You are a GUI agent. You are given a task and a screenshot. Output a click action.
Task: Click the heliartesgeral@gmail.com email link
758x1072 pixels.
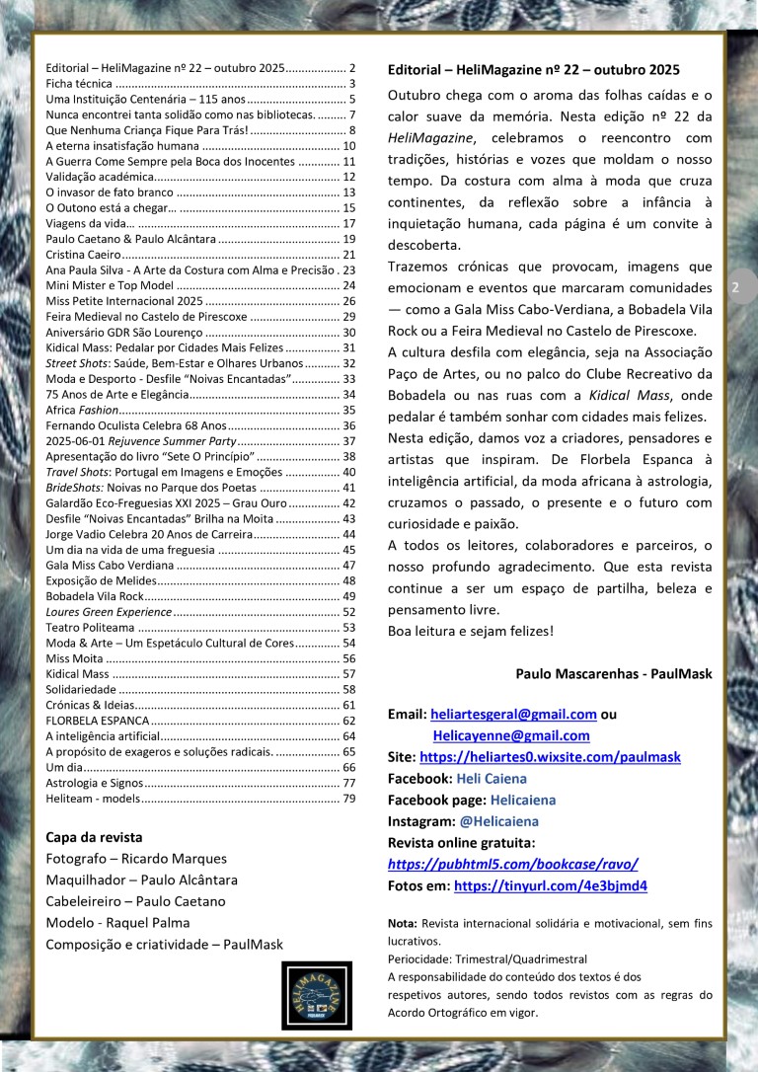513,715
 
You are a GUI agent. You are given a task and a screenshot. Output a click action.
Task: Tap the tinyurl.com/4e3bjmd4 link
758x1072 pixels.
551,885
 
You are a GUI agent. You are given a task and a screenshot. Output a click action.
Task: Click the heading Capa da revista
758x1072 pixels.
95,837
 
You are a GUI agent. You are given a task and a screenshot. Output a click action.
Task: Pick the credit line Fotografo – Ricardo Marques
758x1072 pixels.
135,859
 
